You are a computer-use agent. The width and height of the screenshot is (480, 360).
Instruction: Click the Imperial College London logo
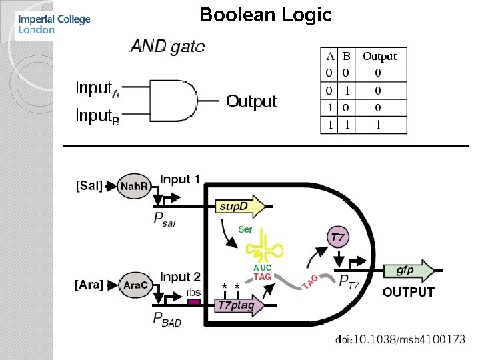[x=54, y=24]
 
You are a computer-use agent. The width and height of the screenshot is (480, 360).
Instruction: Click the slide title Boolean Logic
[x=265, y=15]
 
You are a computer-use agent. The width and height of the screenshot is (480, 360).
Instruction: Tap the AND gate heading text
[x=167, y=47]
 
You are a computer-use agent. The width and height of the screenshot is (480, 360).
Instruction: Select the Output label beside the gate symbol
[x=251, y=101]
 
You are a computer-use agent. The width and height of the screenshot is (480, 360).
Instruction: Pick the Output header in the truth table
[x=379, y=57]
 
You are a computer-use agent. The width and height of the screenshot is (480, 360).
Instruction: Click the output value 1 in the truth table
[x=378, y=124]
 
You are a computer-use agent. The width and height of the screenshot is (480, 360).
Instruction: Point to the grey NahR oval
[x=133, y=187]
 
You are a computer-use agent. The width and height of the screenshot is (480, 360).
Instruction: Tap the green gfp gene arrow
[x=408, y=270]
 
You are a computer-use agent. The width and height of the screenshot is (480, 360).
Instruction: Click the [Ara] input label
[x=89, y=285]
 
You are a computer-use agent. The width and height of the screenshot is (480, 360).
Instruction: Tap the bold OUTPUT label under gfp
[x=408, y=292]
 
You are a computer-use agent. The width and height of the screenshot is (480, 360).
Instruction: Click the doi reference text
[x=400, y=340]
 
